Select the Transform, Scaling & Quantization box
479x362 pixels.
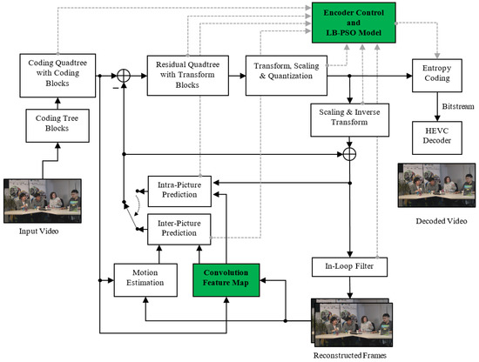(x=287, y=75)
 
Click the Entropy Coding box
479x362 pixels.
(x=440, y=75)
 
